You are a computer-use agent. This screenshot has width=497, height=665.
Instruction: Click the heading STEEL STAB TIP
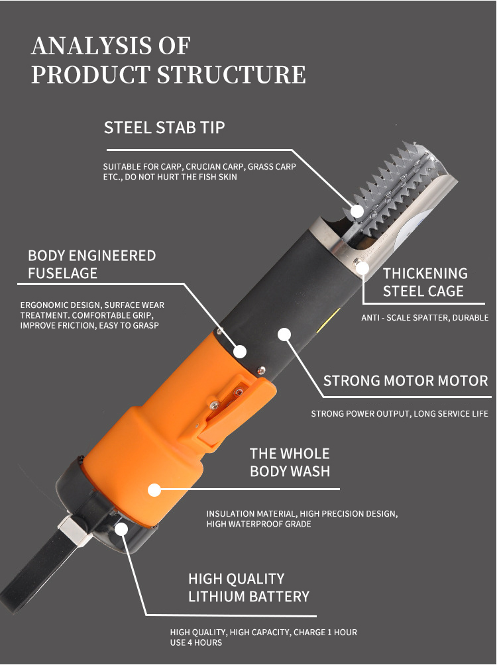pyautogui.click(x=164, y=127)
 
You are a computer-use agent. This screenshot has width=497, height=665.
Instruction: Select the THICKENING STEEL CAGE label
pyautogui.click(x=425, y=281)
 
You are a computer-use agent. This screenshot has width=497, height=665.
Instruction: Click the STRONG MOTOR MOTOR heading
pyautogui.click(x=406, y=381)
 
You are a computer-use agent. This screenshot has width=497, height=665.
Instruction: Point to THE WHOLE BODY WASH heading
pyautogui.click(x=290, y=462)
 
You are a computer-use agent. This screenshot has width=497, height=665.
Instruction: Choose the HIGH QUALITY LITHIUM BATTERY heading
pyautogui.click(x=248, y=588)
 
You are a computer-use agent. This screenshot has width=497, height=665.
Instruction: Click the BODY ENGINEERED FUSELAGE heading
pyautogui.click(x=91, y=264)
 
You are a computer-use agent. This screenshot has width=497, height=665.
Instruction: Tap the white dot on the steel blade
pyautogui.click(x=357, y=211)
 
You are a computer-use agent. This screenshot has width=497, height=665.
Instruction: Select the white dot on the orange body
pyautogui.click(x=154, y=490)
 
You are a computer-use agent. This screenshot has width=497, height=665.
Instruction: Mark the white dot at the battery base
pyautogui.click(x=122, y=529)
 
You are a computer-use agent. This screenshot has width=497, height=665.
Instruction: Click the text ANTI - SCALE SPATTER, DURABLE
pyautogui.click(x=425, y=318)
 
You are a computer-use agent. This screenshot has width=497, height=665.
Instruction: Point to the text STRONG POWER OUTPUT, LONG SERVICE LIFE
pyautogui.click(x=399, y=414)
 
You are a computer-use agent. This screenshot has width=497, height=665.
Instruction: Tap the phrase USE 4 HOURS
pyautogui.click(x=196, y=642)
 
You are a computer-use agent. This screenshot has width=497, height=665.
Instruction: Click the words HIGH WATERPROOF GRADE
pyautogui.click(x=258, y=524)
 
